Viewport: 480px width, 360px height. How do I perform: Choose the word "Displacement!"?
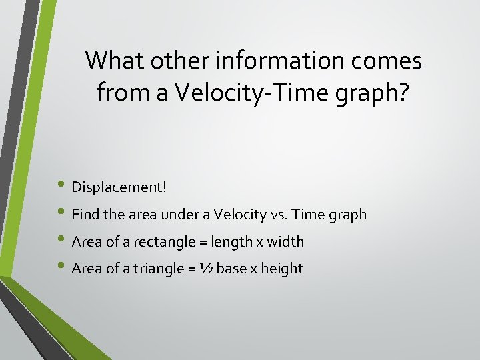coord(119,187)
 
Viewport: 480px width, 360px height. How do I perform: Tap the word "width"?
coord(285,242)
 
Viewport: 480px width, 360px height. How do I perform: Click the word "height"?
coord(282,269)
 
